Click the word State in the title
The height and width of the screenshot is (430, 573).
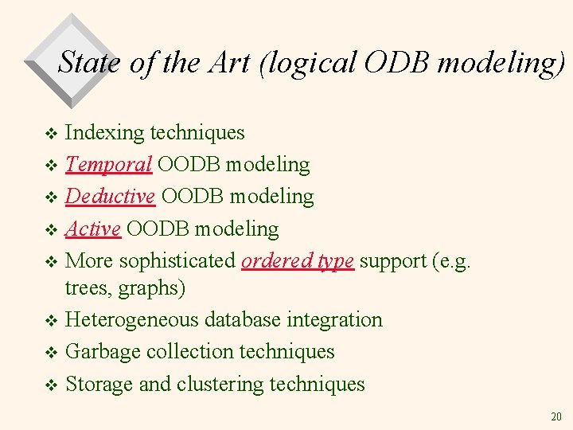[89, 62]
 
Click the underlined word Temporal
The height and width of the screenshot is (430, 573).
[108, 165]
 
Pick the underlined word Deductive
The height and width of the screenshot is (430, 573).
[110, 196]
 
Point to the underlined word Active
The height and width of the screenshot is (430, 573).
[92, 229]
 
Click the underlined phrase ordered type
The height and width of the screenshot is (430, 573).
[298, 261]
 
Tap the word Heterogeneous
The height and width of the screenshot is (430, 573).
[132, 320]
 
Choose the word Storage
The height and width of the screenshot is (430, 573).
[99, 384]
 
